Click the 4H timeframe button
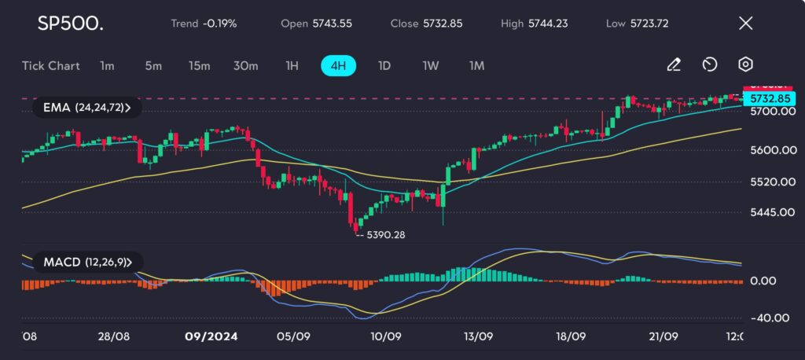point(338,65)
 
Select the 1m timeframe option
point(107,65)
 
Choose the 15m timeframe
point(199,65)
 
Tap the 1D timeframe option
point(384,65)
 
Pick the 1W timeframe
point(430,65)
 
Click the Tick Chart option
point(51,65)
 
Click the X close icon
point(745,23)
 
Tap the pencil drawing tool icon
point(674,64)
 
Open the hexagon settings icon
point(745,64)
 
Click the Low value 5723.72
point(649,23)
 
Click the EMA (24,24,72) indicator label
point(86,107)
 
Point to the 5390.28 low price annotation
point(384,234)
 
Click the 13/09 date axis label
point(478,336)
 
